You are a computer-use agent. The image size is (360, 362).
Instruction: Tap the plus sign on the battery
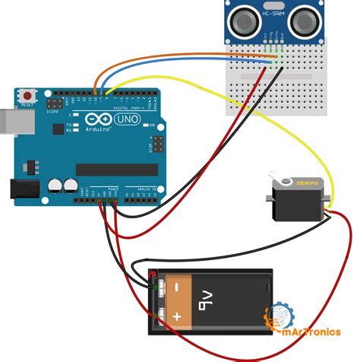(x=177, y=315)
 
